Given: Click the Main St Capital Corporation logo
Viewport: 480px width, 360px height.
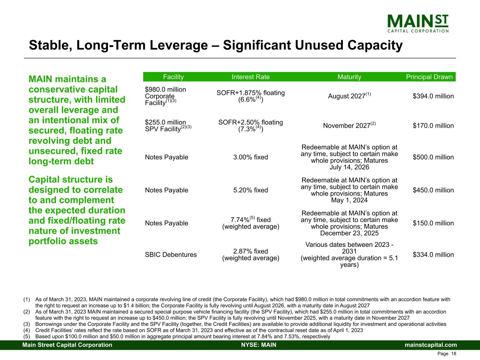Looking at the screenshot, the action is tap(418, 24).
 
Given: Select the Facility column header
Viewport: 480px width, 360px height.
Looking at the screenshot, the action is tap(173, 77).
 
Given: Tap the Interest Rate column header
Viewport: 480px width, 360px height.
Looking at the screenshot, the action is tap(251, 77).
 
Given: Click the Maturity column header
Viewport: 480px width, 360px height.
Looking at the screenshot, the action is tap(349, 77).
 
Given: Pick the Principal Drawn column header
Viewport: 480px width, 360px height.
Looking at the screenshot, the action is tap(429, 77).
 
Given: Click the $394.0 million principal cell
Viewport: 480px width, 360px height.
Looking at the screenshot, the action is tap(433, 96).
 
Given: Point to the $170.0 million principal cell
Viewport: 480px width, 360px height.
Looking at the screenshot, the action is tap(433, 126).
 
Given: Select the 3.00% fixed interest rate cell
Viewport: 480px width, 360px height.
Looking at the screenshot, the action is tap(251, 157).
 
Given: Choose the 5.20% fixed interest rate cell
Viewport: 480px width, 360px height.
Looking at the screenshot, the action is tap(251, 190).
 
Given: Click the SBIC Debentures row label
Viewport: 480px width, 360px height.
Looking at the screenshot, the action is tap(171, 255).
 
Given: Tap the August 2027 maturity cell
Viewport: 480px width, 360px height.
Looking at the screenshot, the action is tap(349, 96).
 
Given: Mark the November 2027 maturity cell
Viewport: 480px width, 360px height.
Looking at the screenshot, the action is tap(349, 125).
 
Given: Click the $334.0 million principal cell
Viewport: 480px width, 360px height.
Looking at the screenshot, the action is tap(433, 255).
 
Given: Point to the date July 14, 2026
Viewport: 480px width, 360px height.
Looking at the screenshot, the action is tap(349, 167).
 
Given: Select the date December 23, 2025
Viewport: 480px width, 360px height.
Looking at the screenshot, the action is tap(349, 233).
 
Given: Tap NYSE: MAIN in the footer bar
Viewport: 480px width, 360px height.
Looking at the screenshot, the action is tap(259, 345).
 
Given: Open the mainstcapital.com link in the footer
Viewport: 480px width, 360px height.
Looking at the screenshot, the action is tap(431, 345).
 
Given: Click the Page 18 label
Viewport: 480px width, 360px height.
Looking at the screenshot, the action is tap(447, 354).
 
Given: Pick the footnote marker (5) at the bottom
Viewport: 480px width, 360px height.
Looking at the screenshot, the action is tap(27, 336).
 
